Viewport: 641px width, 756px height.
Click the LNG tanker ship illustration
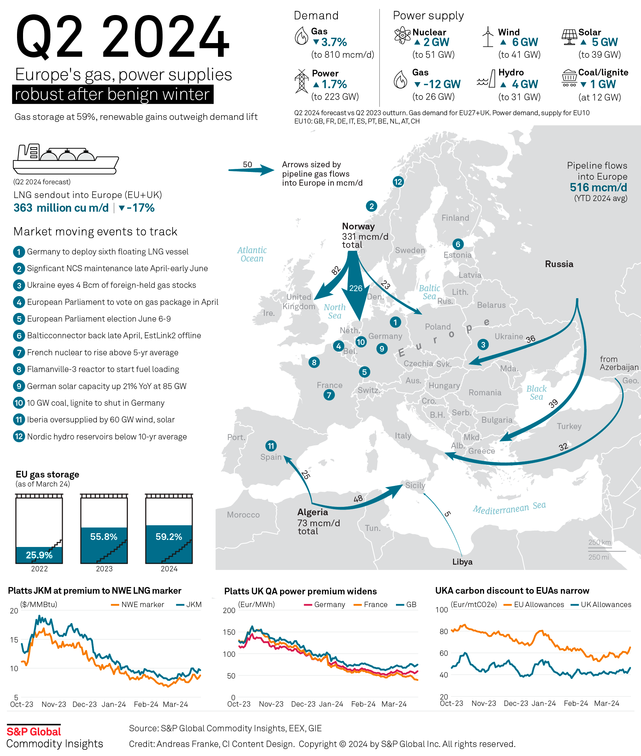pyautogui.click(x=66, y=159)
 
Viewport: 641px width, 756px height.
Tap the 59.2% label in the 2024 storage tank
pyautogui.click(x=169, y=537)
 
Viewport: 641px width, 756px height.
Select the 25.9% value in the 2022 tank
pyautogui.click(x=39, y=555)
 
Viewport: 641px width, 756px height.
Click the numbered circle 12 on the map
pyautogui.click(x=398, y=182)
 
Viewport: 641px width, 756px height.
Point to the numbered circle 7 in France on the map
pyautogui.click(x=329, y=395)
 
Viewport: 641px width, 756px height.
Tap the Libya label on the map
pyautogui.click(x=462, y=562)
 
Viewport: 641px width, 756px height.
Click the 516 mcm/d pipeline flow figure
pyautogui.click(x=598, y=188)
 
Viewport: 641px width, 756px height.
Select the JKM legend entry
pyautogui.click(x=189, y=604)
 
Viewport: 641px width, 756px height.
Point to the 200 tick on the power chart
pyautogui.click(x=229, y=610)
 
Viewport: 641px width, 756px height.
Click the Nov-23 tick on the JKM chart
pyautogui.click(x=54, y=704)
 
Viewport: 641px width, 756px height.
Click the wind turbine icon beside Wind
pyautogui.click(x=488, y=37)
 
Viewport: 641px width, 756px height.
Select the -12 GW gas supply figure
pyautogui.click(x=437, y=84)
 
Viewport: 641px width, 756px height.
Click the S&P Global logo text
pyautogui.click(x=34, y=732)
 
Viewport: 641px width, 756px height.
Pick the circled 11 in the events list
pyautogui.click(x=19, y=420)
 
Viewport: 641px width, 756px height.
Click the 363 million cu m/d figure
pyautogui.click(x=61, y=208)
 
